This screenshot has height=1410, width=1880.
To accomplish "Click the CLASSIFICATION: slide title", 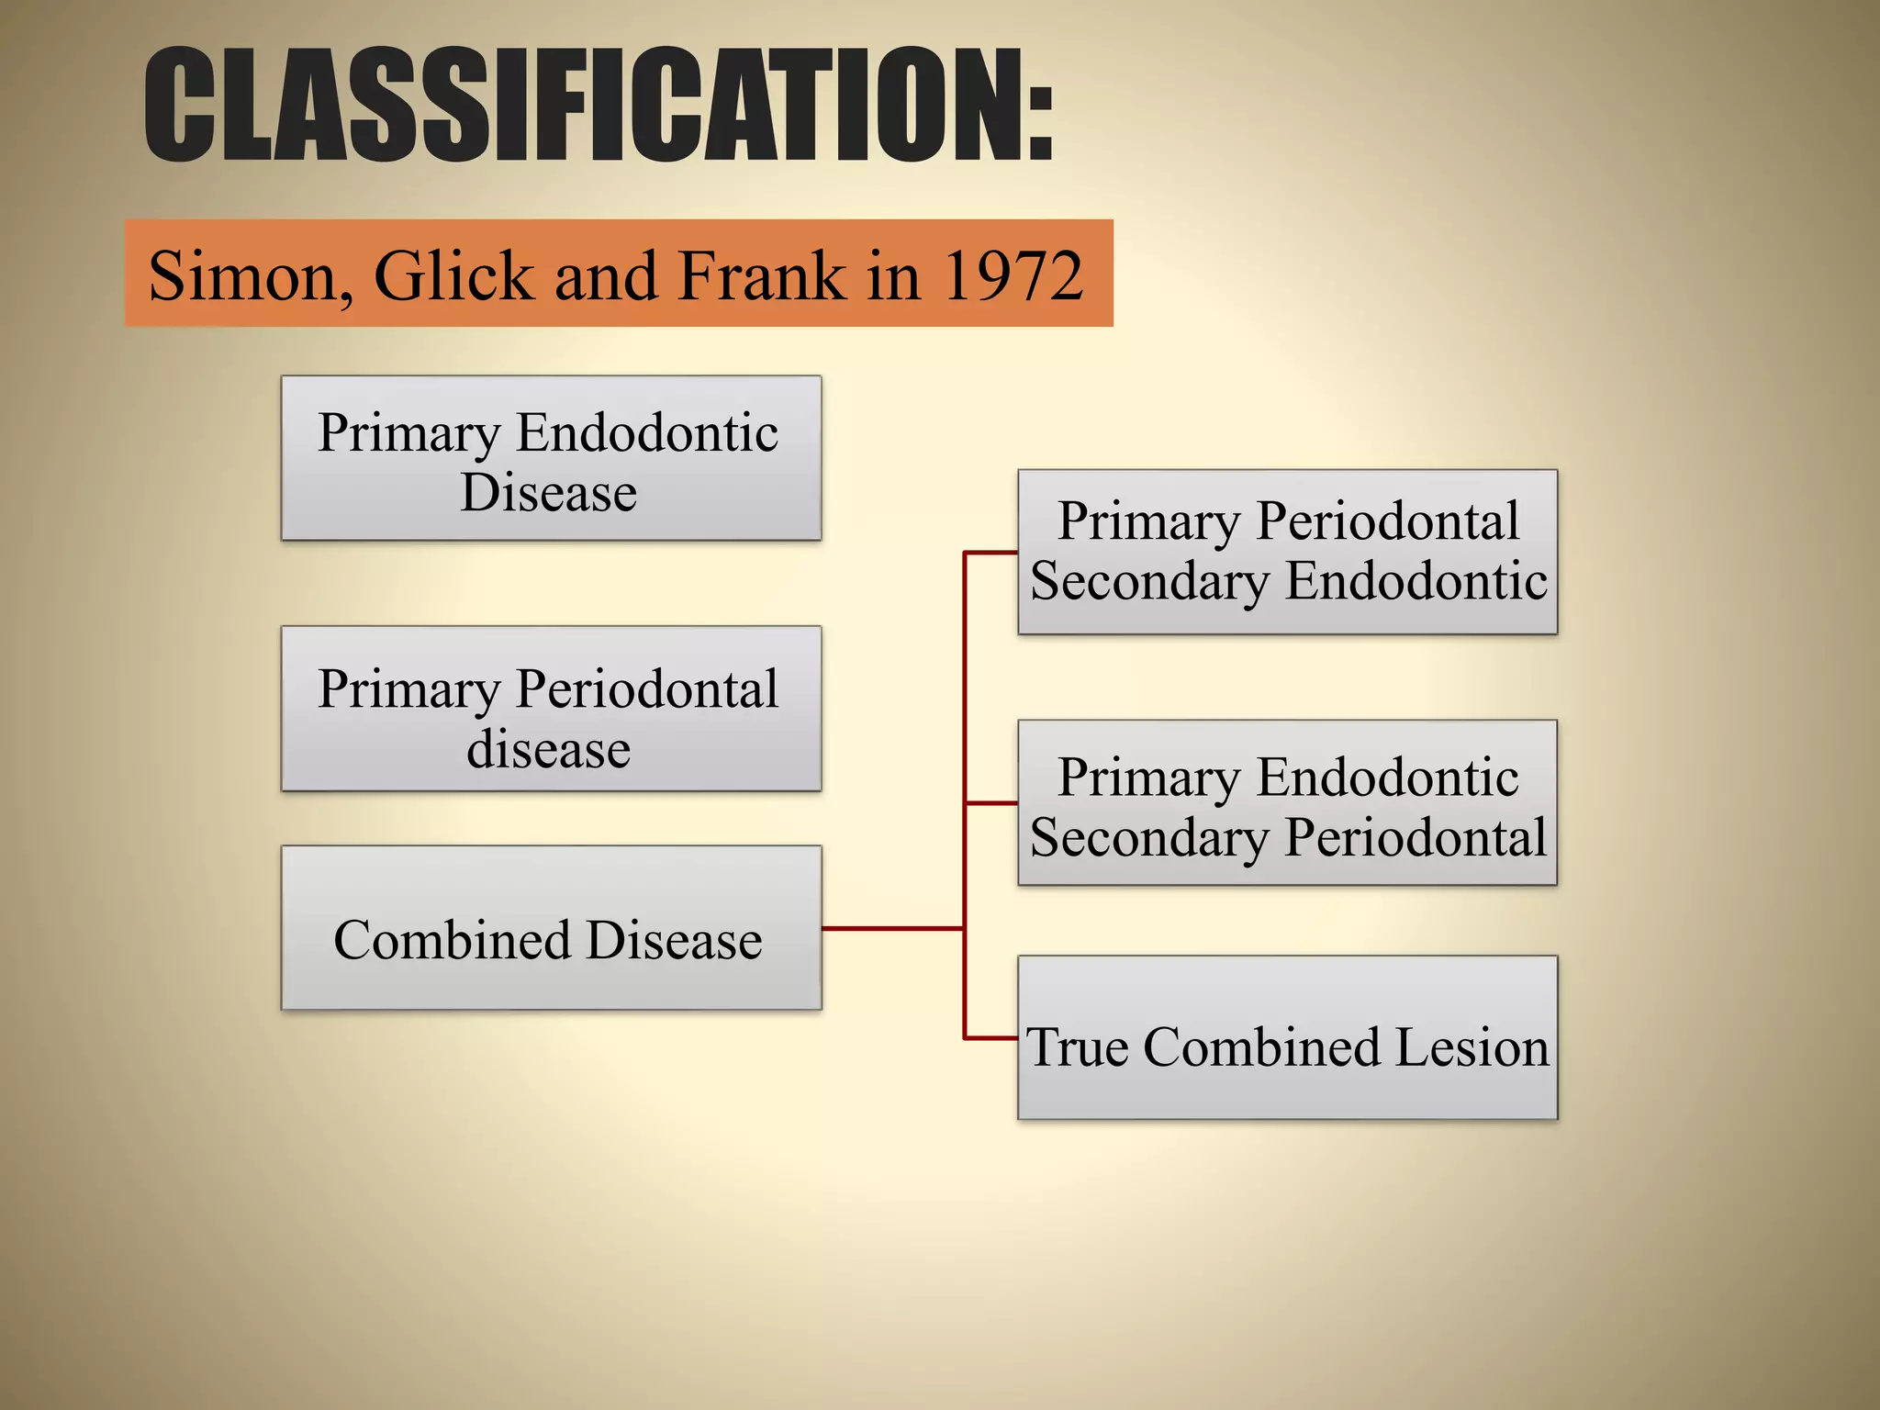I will click(599, 106).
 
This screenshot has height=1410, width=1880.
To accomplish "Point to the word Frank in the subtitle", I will click(761, 275).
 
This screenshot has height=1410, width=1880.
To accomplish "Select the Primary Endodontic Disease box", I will click(551, 458).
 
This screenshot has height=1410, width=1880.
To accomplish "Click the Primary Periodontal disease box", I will click(551, 709).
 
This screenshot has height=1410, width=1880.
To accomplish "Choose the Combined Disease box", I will click(551, 928).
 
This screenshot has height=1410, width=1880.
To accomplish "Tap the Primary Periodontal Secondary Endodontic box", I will click(1287, 552).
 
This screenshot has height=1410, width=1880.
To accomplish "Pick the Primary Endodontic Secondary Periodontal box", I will click(1287, 803).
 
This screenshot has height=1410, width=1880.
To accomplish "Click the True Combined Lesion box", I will click(1287, 1038).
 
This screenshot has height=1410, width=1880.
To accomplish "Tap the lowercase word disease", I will click(548, 749).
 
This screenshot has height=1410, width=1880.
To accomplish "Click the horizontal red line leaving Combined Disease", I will click(890, 928).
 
